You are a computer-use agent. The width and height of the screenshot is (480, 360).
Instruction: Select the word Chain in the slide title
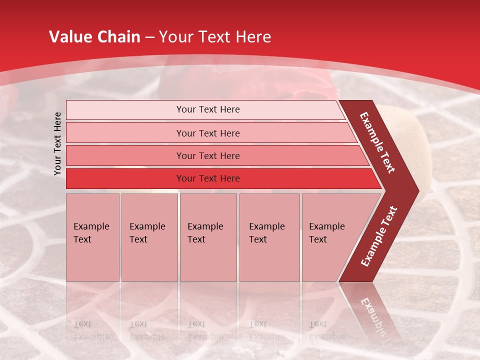pos(119,37)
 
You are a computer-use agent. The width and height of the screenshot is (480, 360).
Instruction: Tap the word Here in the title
pos(253,37)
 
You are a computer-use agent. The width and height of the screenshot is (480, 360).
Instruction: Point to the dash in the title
pos(149,37)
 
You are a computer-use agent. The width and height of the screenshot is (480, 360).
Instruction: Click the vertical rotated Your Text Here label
pos(57,143)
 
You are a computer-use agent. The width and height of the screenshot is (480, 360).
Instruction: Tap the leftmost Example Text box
pos(92,237)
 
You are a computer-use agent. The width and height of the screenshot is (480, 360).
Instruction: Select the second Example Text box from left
pos(149,237)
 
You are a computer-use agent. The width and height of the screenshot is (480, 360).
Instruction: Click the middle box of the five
pos(208,237)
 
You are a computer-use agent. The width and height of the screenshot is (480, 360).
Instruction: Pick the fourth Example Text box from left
pos(269,237)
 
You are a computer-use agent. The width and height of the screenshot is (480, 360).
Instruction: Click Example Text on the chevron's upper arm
pos(377,142)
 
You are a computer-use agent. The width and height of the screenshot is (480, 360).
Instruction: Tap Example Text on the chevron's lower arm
pos(379,236)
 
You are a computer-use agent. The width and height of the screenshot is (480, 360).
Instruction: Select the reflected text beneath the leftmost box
pos(91,330)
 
